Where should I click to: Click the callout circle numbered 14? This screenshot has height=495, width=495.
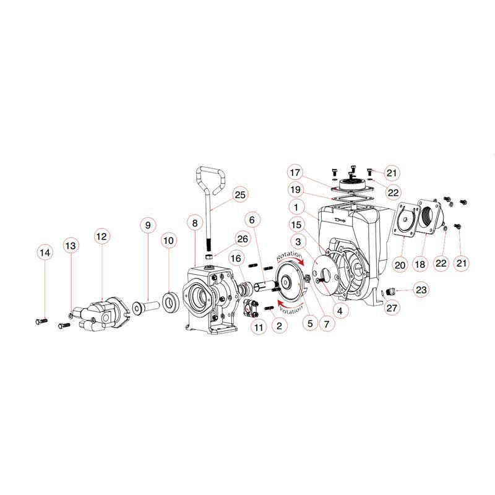(x=43, y=252)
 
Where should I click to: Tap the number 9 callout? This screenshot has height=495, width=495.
(x=148, y=225)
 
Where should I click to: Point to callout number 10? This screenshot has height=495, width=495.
(x=169, y=239)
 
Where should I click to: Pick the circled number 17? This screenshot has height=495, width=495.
(x=296, y=173)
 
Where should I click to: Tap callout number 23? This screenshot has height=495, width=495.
(x=421, y=288)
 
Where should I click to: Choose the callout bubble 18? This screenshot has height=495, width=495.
(x=420, y=264)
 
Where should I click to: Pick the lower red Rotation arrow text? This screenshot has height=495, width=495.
(x=290, y=306)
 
